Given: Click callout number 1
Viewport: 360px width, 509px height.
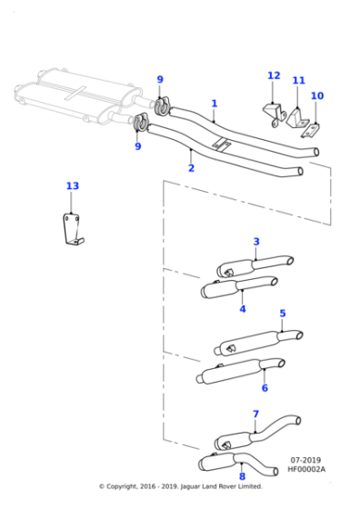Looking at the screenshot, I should pos(214,104).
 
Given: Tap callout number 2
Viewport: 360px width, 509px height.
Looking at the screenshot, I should pos(191,168).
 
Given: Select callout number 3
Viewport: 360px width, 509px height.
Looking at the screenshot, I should pos(256,242).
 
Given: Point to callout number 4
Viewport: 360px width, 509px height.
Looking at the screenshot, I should pos(243,309).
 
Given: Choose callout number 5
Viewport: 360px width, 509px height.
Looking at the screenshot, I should pos(283,314).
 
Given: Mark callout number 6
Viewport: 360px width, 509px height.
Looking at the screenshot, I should pos(265,388).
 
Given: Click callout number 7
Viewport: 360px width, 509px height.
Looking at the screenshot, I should pos(255,414).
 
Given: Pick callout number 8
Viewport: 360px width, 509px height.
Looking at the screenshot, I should pos(242,476).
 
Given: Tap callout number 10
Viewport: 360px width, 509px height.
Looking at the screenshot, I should pos(316,95).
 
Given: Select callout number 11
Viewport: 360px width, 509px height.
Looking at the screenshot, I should pos(298,81).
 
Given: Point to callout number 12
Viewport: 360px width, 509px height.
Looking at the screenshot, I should pos(274,75).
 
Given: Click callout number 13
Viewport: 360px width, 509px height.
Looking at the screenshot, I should pos(72,186).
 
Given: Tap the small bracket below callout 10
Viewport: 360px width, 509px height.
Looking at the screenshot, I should pos(310,118).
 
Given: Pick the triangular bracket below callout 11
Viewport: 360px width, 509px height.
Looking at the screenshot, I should pos(295,115).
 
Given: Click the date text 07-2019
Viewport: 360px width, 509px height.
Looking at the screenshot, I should pos(307,461).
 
